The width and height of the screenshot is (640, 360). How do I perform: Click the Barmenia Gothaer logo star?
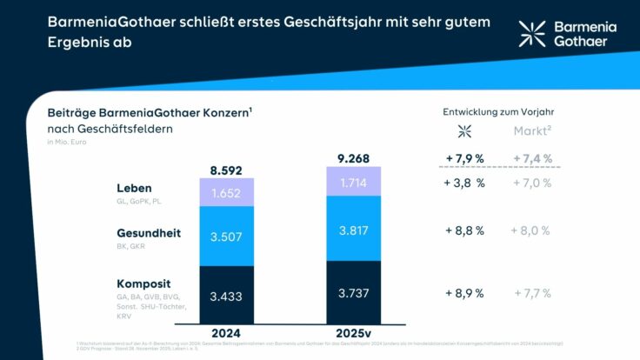(x=532, y=34)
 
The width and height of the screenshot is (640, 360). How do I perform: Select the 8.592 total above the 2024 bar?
(x=227, y=170)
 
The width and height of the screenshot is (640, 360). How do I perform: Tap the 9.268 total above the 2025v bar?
(x=353, y=158)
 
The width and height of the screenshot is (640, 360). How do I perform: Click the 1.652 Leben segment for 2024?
(x=227, y=192)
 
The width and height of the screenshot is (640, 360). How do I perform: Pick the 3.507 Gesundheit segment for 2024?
(x=227, y=237)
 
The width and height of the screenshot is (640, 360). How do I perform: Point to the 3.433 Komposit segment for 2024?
(x=227, y=297)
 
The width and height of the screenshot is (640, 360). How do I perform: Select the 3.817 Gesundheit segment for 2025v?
(x=353, y=229)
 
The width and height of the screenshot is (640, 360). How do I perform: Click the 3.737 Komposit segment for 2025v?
(x=353, y=293)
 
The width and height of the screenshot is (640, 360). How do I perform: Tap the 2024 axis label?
(x=227, y=332)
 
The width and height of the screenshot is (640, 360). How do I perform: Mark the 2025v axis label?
(x=353, y=332)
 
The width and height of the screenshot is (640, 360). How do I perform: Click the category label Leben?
(x=134, y=188)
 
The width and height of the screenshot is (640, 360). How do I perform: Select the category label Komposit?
(x=143, y=283)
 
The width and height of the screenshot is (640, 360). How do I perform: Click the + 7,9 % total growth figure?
(x=464, y=157)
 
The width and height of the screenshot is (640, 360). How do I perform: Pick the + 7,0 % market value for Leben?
(x=531, y=183)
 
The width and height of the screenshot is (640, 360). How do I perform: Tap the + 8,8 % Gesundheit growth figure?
(x=464, y=230)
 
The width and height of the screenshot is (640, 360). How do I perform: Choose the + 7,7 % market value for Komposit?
(x=531, y=293)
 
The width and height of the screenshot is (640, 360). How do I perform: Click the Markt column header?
(x=530, y=131)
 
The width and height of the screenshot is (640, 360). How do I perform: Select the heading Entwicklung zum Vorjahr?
(x=498, y=111)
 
